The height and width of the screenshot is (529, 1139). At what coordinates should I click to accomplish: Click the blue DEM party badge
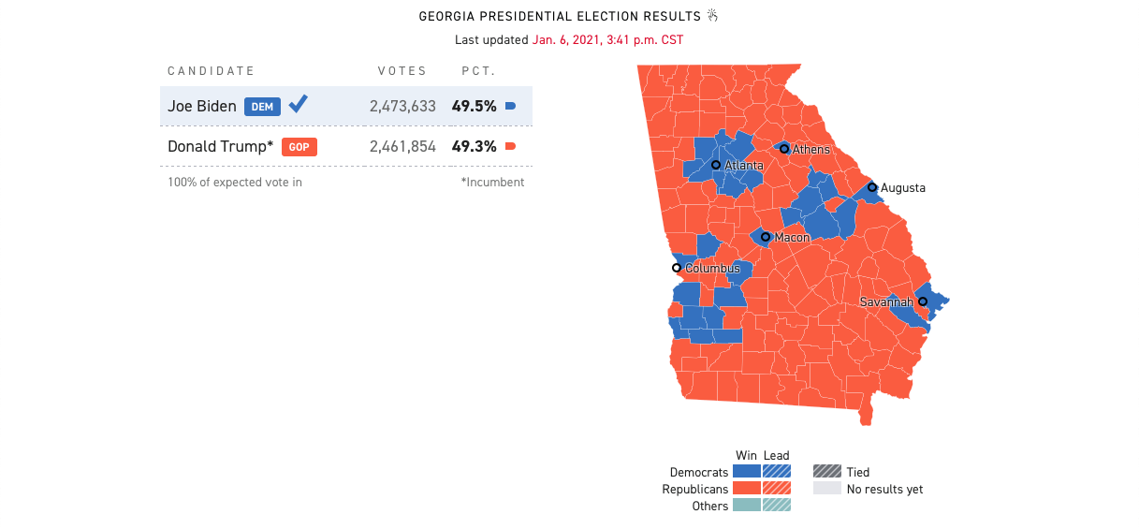click(x=262, y=107)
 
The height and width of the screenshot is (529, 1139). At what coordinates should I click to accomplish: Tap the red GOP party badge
click(x=299, y=147)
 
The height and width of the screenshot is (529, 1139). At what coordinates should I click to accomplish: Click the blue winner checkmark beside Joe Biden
click(x=298, y=104)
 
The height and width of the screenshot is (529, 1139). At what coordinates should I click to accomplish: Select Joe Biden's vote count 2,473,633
click(x=402, y=107)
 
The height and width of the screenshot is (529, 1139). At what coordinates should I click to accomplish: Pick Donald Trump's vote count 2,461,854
click(x=402, y=147)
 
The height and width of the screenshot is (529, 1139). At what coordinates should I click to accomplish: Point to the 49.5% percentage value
click(x=474, y=107)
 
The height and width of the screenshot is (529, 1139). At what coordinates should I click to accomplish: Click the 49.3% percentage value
click(x=474, y=147)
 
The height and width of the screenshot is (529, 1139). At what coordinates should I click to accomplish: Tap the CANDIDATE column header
click(x=211, y=71)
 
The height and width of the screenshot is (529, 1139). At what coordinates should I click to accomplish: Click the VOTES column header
click(x=402, y=71)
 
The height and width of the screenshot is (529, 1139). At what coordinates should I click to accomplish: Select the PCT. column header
click(x=478, y=71)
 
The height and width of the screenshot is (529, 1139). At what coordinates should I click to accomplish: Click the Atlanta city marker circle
click(x=716, y=165)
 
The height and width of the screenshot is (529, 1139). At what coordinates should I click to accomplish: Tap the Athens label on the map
click(x=810, y=150)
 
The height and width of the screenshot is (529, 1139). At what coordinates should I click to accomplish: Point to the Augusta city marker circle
click(x=872, y=187)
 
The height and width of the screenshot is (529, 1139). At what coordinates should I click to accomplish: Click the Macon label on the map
click(x=792, y=238)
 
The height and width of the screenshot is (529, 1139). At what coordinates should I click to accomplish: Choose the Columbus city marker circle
click(x=677, y=268)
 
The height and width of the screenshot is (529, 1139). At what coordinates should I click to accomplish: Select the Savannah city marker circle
click(x=923, y=301)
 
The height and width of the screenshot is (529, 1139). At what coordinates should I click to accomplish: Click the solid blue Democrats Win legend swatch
click(x=746, y=472)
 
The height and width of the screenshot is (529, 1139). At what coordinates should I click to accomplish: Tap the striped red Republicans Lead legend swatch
click(x=777, y=489)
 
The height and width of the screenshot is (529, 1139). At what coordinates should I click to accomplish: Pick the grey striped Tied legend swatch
click(x=826, y=472)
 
